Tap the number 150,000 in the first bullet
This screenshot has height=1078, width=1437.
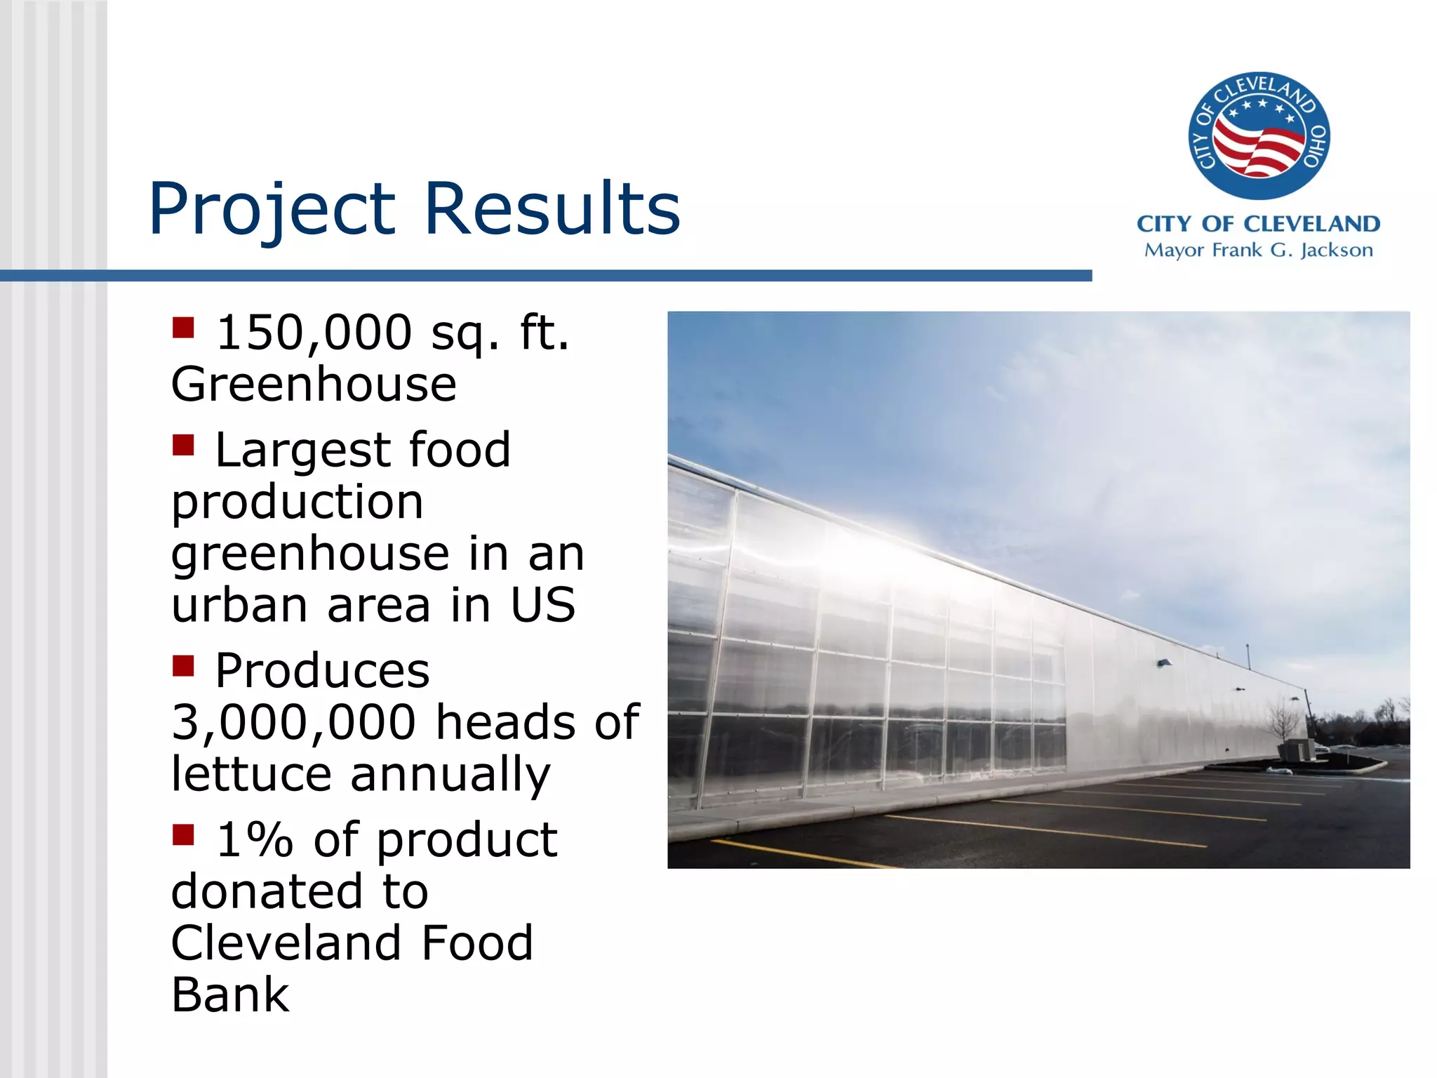[314, 332]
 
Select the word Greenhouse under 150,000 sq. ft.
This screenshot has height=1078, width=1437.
[314, 385]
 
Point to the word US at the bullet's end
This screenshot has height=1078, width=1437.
[542, 605]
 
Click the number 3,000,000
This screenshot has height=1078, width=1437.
[293, 722]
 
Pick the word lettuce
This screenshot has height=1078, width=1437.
[251, 774]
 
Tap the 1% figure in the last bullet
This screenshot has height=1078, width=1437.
[254, 840]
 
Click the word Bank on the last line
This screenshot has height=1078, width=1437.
[230, 995]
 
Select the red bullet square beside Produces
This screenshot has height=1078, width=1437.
[183, 665]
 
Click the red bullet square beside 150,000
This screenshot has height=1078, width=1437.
[183, 328]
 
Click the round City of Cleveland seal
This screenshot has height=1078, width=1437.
[1258, 135]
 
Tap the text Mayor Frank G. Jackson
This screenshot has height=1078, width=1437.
[1258, 251]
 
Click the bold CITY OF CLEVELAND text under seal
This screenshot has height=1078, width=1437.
[1258, 224]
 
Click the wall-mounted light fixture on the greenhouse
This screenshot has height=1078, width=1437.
[1164, 663]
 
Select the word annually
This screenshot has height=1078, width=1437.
[450, 774]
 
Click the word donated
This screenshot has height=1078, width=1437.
[266, 892]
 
